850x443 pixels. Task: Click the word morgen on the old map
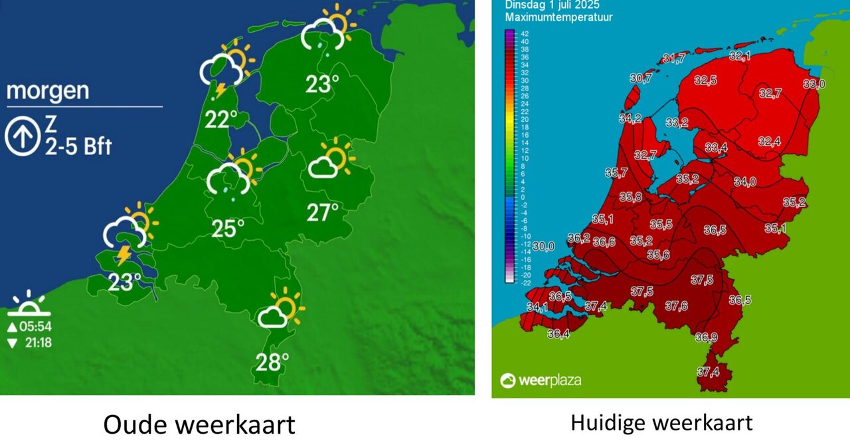pyautogui.click(x=48, y=90)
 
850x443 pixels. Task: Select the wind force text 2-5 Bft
pyautogui.click(x=78, y=147)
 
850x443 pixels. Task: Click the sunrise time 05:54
pyautogui.click(x=35, y=327)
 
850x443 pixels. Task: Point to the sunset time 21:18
pyautogui.click(x=35, y=343)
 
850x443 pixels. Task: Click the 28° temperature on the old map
pyautogui.click(x=272, y=362)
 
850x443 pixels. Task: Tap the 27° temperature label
pyautogui.click(x=323, y=213)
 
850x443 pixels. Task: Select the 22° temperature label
pyautogui.click(x=221, y=120)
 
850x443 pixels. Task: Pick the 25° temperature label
pyautogui.click(x=228, y=229)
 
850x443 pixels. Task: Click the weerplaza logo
pyautogui.click(x=541, y=380)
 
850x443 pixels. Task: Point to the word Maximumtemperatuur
pyautogui.click(x=558, y=17)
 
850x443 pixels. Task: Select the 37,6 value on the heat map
pyautogui.click(x=676, y=306)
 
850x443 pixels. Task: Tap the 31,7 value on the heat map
pyautogui.click(x=674, y=59)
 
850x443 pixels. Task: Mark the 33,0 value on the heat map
pyautogui.click(x=813, y=84)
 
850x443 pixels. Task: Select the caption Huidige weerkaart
pyautogui.click(x=661, y=422)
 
